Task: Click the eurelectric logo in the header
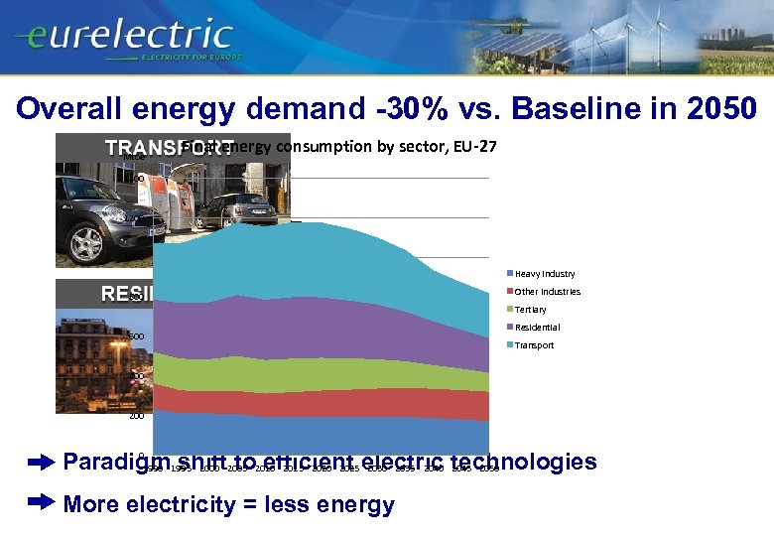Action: (x=124, y=38)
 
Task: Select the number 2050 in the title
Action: (x=715, y=107)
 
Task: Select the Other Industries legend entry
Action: (x=546, y=292)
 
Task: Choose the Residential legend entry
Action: (x=536, y=328)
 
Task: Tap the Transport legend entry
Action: (x=534, y=345)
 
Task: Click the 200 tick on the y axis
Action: (x=136, y=417)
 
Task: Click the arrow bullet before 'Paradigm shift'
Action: (x=41, y=463)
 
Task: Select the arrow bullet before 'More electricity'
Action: (x=41, y=504)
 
